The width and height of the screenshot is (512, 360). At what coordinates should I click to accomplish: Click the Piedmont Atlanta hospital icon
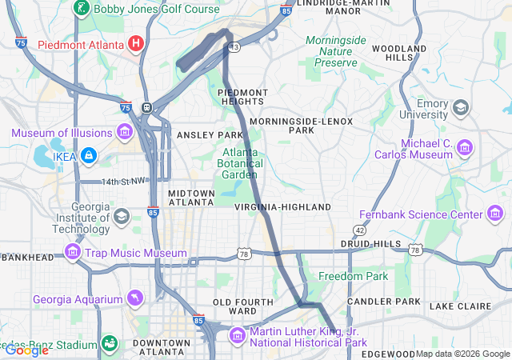(x=137, y=42)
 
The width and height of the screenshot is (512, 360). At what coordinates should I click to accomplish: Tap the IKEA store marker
(x=88, y=155)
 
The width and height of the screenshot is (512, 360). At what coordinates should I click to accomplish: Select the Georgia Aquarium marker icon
(x=136, y=300)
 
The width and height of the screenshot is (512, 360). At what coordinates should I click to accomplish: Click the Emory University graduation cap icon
(x=461, y=107)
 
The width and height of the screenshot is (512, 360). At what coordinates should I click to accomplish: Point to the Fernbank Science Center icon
(x=495, y=214)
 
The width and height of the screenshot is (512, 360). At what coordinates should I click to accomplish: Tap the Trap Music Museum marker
(x=73, y=254)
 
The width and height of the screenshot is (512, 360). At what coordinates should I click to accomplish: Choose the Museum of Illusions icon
(x=124, y=131)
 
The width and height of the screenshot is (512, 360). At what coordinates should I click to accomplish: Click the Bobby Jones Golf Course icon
(x=81, y=9)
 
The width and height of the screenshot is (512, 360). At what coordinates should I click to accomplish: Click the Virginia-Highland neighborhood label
(x=282, y=207)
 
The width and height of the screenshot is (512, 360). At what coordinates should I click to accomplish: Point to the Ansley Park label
(x=210, y=135)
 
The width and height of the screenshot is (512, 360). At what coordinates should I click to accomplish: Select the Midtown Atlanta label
(x=191, y=198)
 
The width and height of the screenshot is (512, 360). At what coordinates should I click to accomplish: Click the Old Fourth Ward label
(x=234, y=306)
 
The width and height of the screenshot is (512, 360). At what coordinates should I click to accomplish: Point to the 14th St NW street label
(x=119, y=182)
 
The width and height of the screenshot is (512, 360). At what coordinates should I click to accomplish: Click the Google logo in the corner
(x=26, y=350)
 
